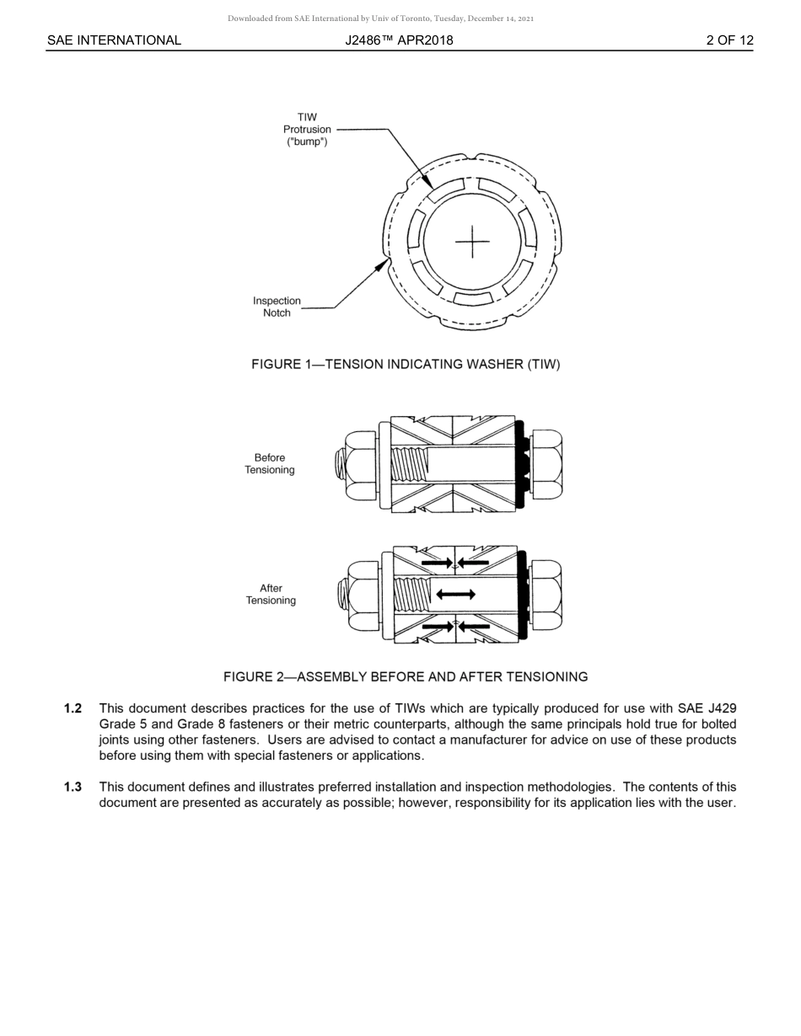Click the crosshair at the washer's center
472,243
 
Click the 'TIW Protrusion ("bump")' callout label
307,130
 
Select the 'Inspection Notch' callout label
277,307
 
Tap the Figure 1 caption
406,364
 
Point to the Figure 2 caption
406,676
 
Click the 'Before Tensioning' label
270,464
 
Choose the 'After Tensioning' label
271,595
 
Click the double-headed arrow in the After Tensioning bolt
455,595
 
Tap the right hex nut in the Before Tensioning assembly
545,464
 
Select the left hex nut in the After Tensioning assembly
363,595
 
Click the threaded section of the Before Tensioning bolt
410,464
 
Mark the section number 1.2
73,708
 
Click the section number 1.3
73,787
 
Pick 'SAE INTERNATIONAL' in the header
114,40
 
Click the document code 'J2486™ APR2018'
399,40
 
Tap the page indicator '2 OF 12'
730,40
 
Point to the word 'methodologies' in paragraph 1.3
571,787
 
